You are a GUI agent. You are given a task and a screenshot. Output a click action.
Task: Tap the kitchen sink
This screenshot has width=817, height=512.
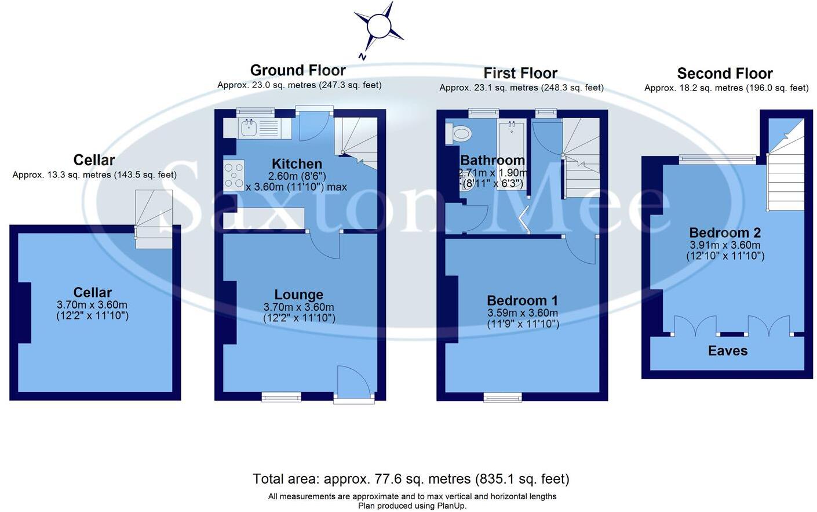pos(250,128)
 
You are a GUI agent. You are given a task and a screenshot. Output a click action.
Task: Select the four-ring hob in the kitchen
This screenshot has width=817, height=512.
pos(234,175)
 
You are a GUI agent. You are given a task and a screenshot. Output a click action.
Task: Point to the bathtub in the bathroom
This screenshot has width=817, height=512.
pos(512,154)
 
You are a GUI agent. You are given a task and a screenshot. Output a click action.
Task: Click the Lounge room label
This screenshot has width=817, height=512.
pos(298,295)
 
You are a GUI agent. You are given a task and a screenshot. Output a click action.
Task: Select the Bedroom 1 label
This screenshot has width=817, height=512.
pos(522,300)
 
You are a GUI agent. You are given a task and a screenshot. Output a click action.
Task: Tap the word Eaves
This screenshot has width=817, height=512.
pos(727,351)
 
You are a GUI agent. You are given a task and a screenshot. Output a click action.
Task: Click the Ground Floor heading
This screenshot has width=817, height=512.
pos(298,70)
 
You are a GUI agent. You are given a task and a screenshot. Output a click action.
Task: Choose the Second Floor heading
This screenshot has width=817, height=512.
pos(724,74)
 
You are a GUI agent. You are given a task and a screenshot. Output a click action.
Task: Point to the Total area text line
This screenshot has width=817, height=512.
pos(411,479)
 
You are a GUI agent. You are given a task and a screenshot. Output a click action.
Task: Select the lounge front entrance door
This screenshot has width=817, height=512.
pos(353,383)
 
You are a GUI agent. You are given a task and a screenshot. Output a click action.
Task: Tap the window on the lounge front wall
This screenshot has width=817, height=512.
pos(281,397)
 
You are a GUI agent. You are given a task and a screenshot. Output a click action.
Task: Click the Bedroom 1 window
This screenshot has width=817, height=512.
pos(502,397)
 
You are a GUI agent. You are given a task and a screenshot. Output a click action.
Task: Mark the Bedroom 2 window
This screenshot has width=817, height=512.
pos(717,158)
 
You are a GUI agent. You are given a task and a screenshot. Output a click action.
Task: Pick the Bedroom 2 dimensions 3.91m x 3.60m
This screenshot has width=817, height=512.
pos(725,245)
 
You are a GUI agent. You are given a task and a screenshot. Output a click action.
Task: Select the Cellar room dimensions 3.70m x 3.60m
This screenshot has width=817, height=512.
pos(92,305)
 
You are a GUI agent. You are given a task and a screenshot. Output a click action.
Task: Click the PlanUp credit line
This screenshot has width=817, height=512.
pos(412,506)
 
